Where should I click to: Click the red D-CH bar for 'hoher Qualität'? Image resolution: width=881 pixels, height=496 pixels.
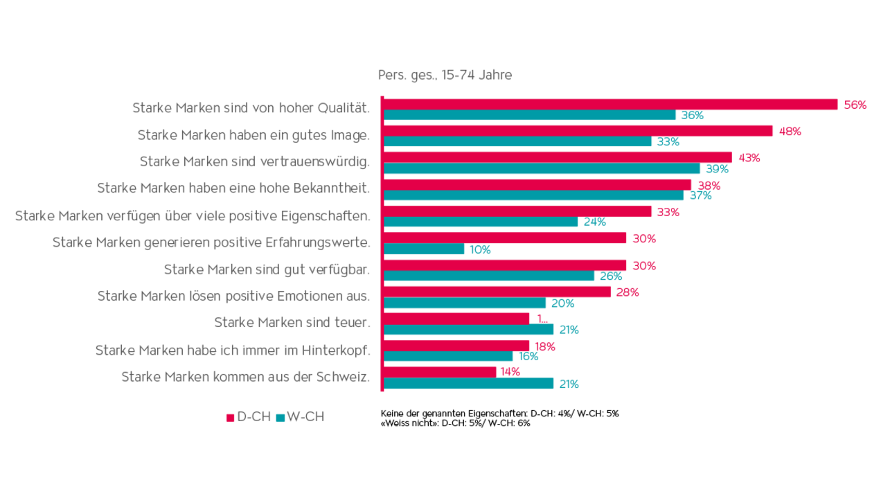pyautogui.click(x=609, y=105)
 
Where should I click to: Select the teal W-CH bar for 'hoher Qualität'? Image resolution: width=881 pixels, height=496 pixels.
pyautogui.click(x=530, y=116)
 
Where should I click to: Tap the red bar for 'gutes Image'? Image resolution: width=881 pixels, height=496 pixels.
pyautogui.click(x=578, y=131)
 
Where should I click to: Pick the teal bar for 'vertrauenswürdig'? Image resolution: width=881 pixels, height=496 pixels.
pyautogui.click(x=542, y=168)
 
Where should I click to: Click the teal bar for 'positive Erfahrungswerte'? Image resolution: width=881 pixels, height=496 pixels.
pyautogui.click(x=425, y=249)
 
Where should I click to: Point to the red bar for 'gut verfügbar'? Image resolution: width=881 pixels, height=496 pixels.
pyautogui.click(x=505, y=265)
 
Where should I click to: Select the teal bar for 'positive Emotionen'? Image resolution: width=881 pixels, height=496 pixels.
pyautogui.click(x=465, y=303)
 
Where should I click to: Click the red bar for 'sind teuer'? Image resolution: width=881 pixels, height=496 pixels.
pyautogui.click(x=456, y=319)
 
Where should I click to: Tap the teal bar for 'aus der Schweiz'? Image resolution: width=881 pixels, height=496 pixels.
pyautogui.click(x=469, y=384)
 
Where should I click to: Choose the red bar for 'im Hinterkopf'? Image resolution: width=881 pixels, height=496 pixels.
pyautogui.click(x=456, y=346)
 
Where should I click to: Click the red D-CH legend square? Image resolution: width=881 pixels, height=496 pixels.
pyautogui.click(x=230, y=418)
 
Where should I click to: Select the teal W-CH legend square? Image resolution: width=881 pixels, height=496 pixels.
pyautogui.click(x=280, y=418)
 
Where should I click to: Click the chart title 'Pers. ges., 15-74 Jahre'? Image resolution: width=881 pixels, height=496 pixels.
pyautogui.click(x=444, y=75)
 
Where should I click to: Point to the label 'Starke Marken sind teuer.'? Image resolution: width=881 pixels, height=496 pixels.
pyautogui.click(x=292, y=323)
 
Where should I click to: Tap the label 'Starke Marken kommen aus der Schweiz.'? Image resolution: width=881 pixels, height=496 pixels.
pyautogui.click(x=246, y=377)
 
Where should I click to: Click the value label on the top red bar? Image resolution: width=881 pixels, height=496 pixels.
pyautogui.click(x=855, y=105)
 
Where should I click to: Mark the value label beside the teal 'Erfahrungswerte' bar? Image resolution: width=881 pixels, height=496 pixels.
pyautogui.click(x=480, y=250)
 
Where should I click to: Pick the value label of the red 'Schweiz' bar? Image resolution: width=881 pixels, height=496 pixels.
pyautogui.click(x=510, y=372)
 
